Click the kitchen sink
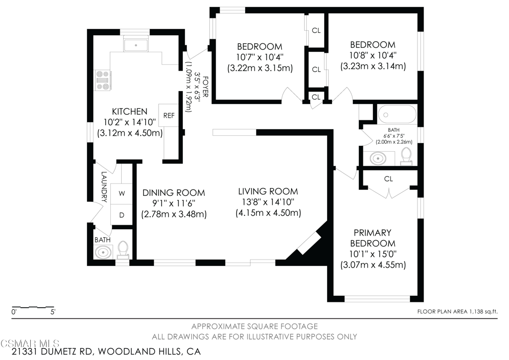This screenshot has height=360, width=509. click(136, 45)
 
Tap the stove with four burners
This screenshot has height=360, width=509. click(103, 80)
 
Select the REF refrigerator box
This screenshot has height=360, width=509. click(169, 115)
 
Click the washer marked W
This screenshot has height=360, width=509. click(122, 194)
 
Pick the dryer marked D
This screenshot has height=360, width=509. click(122, 215)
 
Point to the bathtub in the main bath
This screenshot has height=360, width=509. click(397, 114)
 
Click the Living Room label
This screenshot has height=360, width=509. click(268, 191)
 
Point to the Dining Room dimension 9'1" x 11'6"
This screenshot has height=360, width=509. click(173, 203)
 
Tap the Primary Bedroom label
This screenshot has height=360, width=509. click(372, 238)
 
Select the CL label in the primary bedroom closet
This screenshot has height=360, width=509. click(388, 179)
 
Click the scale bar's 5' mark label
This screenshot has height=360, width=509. click(53, 312)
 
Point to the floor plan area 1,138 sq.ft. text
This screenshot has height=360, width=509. click(457, 312)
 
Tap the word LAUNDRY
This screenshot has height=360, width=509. click(104, 187)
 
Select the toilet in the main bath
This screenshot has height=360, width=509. click(406, 157)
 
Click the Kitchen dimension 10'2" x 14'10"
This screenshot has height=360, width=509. click(130, 122)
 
